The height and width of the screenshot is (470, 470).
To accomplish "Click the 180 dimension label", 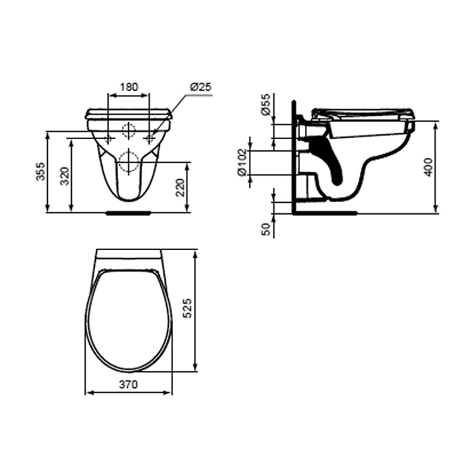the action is coord(129,87).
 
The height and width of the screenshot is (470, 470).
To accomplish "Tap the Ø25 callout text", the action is coord(200,87).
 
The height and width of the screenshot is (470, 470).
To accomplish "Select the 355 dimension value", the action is coord(41,172).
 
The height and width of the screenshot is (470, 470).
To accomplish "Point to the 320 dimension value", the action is coord(65,176).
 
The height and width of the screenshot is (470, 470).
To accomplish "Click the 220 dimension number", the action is coord(180,187).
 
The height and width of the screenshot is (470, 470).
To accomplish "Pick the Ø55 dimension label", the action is coord(266,105).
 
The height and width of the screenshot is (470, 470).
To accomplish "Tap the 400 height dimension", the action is coord(429,167).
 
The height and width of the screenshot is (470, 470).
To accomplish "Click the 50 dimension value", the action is coord(266,229).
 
